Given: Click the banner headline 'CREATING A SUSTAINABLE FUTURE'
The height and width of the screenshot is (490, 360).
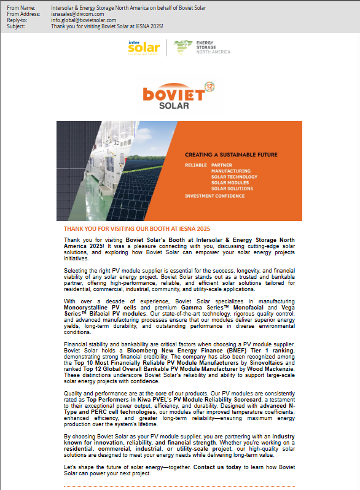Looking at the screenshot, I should coord(231,155).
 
